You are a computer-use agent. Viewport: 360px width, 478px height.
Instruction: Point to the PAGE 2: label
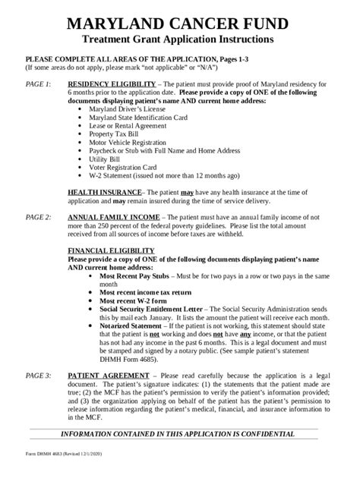pyautogui.click(x=38, y=216)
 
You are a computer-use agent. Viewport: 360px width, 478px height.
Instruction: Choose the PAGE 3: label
pyautogui.click(x=38, y=376)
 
